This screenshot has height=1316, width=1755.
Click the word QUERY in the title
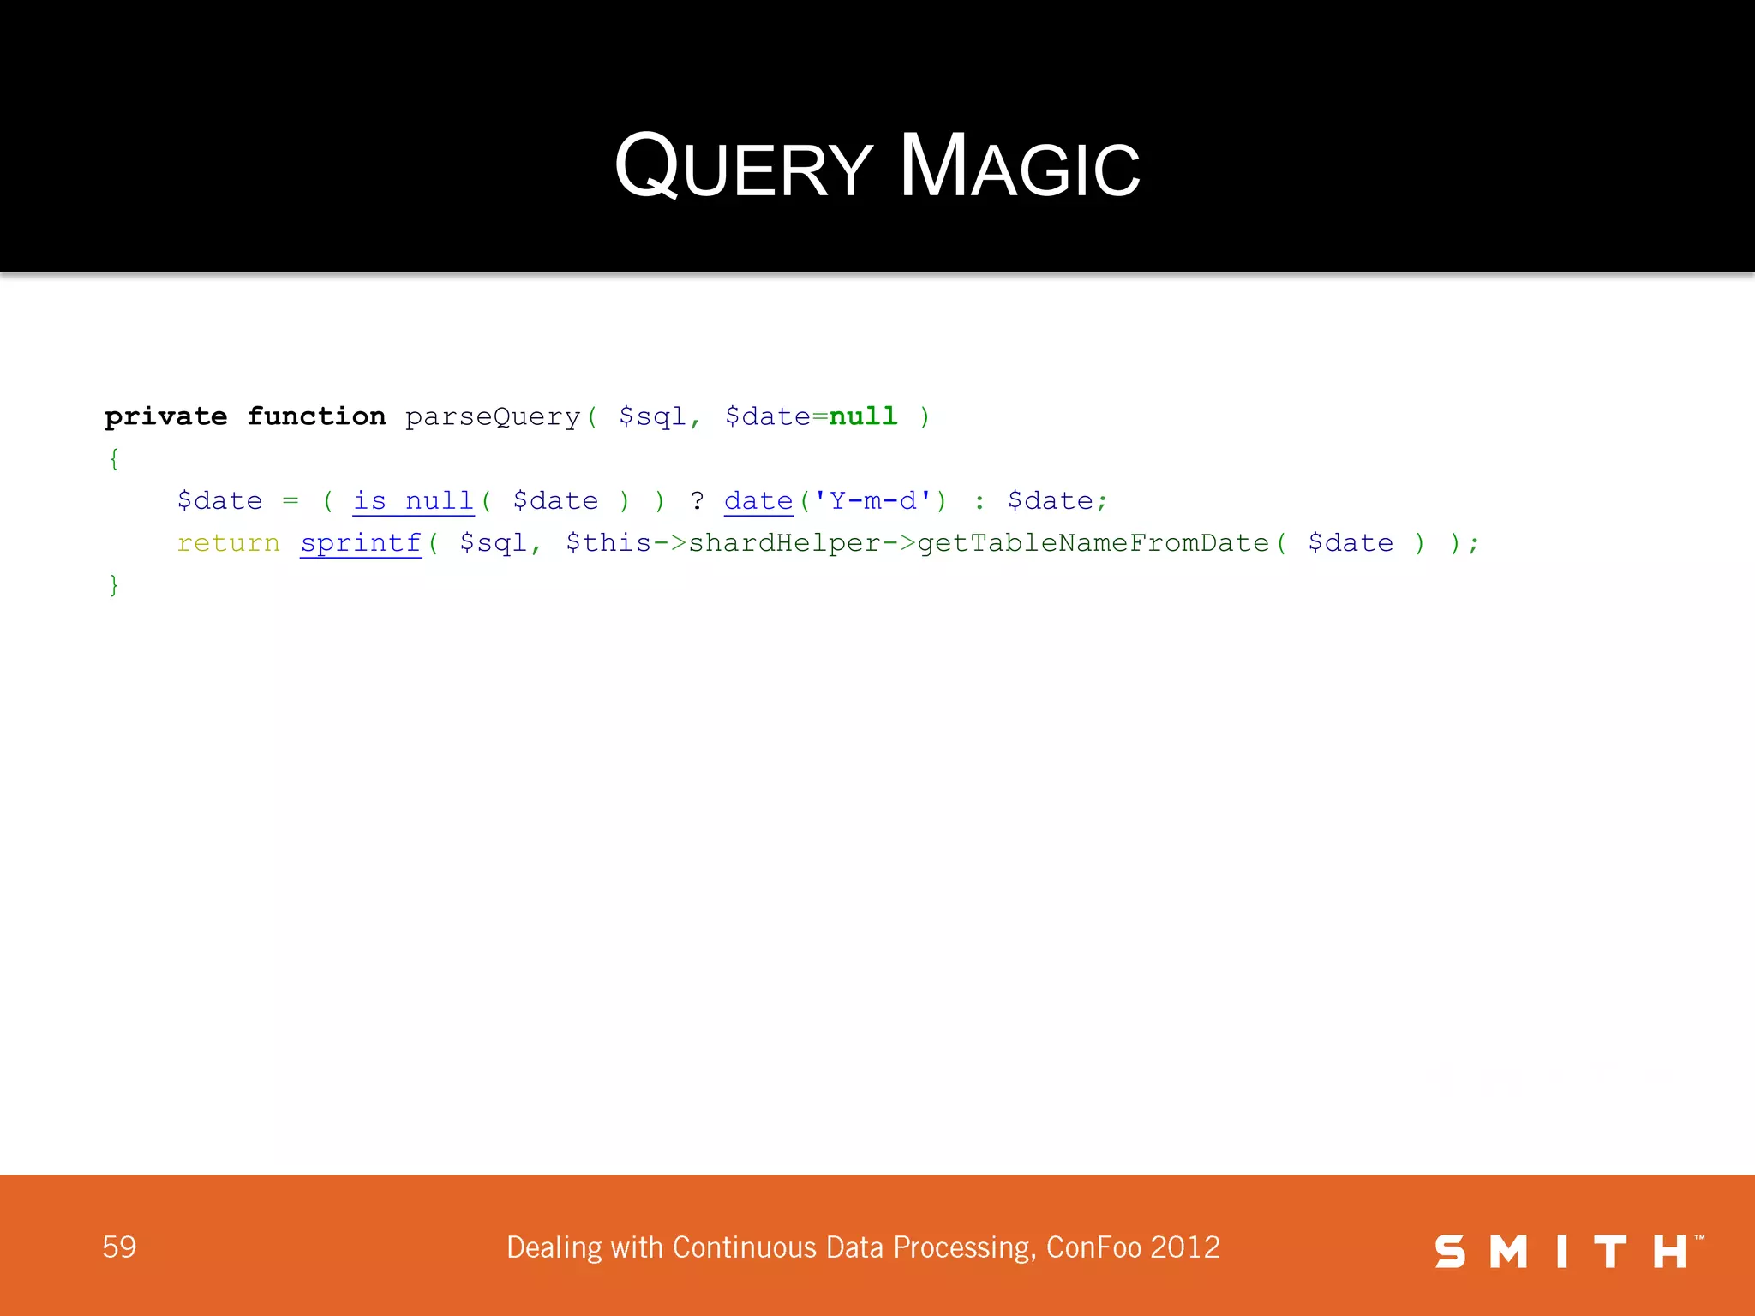point(744,166)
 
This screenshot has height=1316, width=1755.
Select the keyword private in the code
point(165,417)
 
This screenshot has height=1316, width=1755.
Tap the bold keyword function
point(316,417)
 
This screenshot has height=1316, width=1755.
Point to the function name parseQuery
point(493,417)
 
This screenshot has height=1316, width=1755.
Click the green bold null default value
point(863,417)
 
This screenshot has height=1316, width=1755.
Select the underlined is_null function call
point(413,501)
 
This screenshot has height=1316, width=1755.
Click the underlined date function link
point(758,501)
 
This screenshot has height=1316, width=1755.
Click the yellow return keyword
point(228,543)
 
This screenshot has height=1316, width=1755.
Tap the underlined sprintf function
point(361,543)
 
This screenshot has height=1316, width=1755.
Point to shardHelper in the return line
point(784,543)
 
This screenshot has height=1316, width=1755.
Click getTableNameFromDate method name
point(1093,543)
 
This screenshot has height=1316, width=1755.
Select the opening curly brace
point(114,459)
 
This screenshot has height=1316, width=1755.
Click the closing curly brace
point(114,585)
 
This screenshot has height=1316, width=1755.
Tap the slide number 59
point(119,1247)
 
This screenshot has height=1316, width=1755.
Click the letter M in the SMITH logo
point(1508,1252)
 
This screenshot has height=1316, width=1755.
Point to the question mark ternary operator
point(698,501)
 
